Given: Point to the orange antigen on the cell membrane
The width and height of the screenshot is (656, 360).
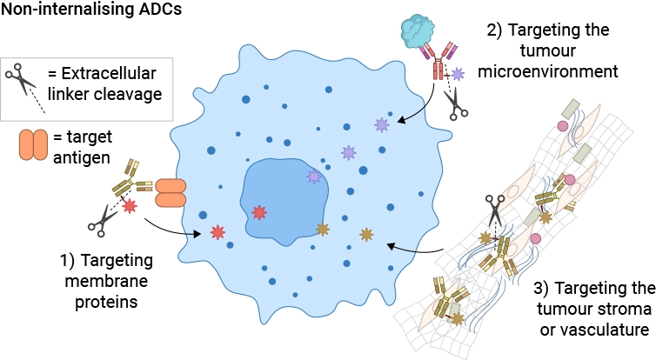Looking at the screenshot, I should tap(171, 193).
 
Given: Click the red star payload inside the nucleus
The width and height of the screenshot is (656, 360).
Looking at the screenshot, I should tap(258, 212).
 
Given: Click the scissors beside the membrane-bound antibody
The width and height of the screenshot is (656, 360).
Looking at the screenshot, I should tap(103, 220).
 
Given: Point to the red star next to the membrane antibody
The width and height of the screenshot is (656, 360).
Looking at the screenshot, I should tap(130, 205).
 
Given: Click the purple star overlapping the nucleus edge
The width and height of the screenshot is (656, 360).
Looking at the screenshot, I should tap(314, 177).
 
